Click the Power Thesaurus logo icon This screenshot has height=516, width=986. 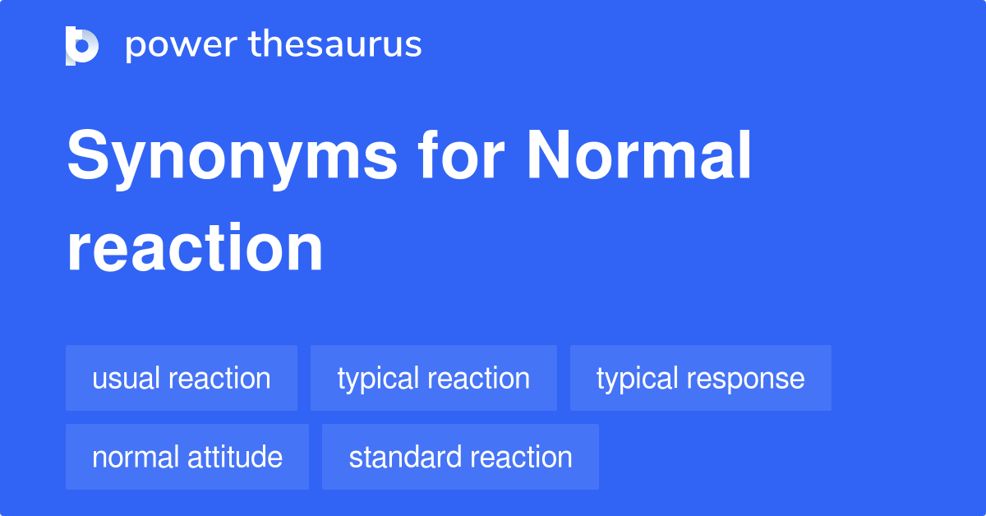click(x=82, y=45)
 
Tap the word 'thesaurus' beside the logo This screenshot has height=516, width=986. click(x=336, y=45)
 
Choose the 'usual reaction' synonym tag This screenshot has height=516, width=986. click(x=182, y=378)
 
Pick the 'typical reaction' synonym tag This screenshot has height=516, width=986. click(x=434, y=378)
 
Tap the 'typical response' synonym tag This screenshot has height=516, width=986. click(x=701, y=378)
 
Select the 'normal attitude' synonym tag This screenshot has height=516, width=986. click(x=187, y=457)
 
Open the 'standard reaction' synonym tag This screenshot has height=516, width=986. click(x=460, y=457)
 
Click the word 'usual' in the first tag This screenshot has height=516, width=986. click(x=127, y=378)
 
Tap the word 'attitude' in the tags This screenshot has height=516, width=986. click(x=235, y=457)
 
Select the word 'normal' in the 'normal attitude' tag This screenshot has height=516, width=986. click(x=135, y=457)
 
